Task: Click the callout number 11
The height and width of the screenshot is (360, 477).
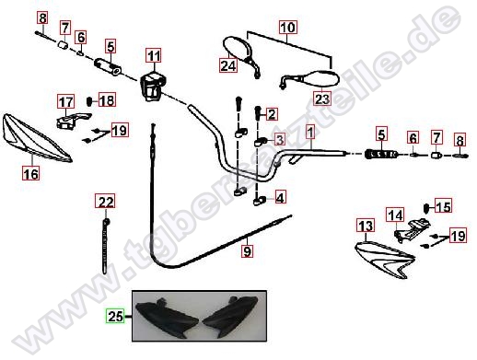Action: (154, 55)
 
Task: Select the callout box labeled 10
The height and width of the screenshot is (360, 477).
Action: (288, 27)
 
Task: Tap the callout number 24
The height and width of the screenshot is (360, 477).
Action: (228, 65)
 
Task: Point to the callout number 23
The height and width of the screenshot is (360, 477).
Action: (322, 99)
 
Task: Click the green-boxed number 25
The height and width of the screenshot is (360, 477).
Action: (115, 316)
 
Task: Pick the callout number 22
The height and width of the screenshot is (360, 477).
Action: (105, 201)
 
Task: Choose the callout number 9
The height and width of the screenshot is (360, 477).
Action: (247, 251)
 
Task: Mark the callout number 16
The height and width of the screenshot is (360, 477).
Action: (31, 173)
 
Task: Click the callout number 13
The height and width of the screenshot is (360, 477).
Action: (366, 226)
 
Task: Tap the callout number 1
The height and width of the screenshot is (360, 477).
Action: (310, 132)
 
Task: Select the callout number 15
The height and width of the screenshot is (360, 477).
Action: (443, 206)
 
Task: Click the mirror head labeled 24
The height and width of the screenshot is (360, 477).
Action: (238, 48)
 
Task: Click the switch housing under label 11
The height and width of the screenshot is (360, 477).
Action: (153, 86)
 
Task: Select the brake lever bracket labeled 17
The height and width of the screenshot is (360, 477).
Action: (73, 121)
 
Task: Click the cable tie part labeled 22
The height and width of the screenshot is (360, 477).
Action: (105, 247)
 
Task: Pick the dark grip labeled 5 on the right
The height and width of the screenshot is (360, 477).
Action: (381, 154)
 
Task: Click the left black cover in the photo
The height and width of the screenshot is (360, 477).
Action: (167, 318)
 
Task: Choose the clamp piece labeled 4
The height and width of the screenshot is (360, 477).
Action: (260, 201)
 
